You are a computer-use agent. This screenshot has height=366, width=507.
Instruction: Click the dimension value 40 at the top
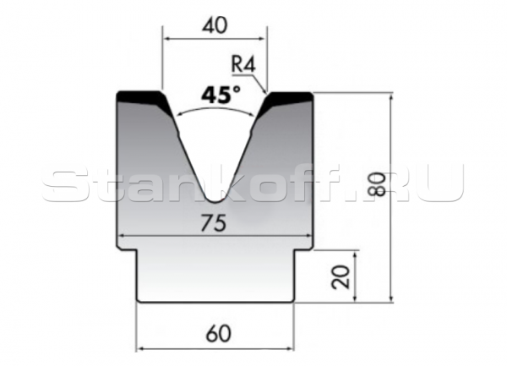pyautogui.click(x=215, y=25)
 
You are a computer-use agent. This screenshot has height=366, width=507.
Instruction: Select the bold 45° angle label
pyautogui.click(x=220, y=96)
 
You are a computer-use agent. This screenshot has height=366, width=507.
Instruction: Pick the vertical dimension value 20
pyautogui.click(x=342, y=276)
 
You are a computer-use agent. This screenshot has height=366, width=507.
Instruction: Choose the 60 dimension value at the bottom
pyautogui.click(x=218, y=334)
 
